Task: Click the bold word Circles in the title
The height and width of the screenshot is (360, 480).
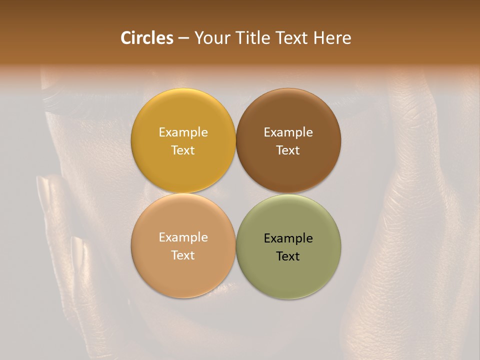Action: coord(147,38)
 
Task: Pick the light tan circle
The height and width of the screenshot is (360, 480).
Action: coord(183,272)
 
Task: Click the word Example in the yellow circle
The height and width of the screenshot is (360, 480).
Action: coord(183,132)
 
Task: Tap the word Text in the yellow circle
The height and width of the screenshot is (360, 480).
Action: coord(183,150)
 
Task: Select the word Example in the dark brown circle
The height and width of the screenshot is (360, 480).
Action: coord(288,132)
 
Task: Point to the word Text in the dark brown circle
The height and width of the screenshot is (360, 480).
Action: coord(288,150)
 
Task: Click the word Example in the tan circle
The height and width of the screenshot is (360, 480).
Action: coord(183,237)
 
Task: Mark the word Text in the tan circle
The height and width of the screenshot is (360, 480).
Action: coord(183,255)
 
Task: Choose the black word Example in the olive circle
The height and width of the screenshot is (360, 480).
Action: coord(288,238)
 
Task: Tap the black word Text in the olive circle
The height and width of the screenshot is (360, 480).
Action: coord(288,256)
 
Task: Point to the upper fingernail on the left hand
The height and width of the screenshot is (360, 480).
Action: coord(44,190)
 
